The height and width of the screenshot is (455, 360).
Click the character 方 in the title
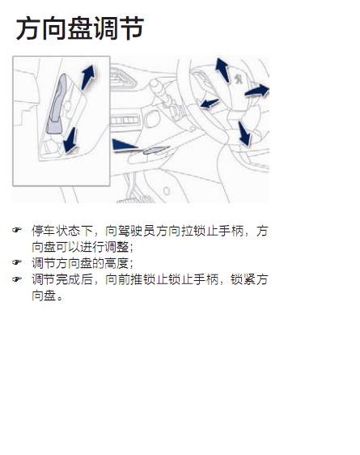click(x=28, y=28)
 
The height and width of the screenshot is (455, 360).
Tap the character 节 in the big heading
click(x=132, y=28)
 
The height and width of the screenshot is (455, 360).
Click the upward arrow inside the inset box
click(x=88, y=77)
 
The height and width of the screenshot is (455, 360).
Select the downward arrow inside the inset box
click(x=70, y=140)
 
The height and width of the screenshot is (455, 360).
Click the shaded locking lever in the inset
click(x=57, y=104)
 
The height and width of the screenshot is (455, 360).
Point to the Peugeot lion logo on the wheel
click(x=239, y=79)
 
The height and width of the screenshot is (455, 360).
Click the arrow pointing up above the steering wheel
click(x=222, y=70)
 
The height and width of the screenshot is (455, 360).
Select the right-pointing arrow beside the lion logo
click(x=257, y=91)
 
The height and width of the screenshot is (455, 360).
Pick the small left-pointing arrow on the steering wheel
click(x=210, y=104)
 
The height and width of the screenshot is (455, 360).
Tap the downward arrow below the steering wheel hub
click(x=244, y=134)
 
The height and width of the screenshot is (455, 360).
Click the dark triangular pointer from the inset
click(x=124, y=145)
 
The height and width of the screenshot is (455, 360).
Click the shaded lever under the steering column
click(x=155, y=150)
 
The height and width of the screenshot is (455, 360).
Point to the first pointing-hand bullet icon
click(x=17, y=230)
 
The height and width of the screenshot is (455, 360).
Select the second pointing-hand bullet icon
click(x=17, y=262)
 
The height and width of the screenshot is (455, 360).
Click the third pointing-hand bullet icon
click(x=17, y=279)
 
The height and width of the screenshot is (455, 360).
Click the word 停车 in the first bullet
click(x=44, y=231)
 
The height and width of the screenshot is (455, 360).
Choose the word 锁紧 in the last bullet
click(x=243, y=280)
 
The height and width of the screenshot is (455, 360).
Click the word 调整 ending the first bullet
click(x=116, y=247)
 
